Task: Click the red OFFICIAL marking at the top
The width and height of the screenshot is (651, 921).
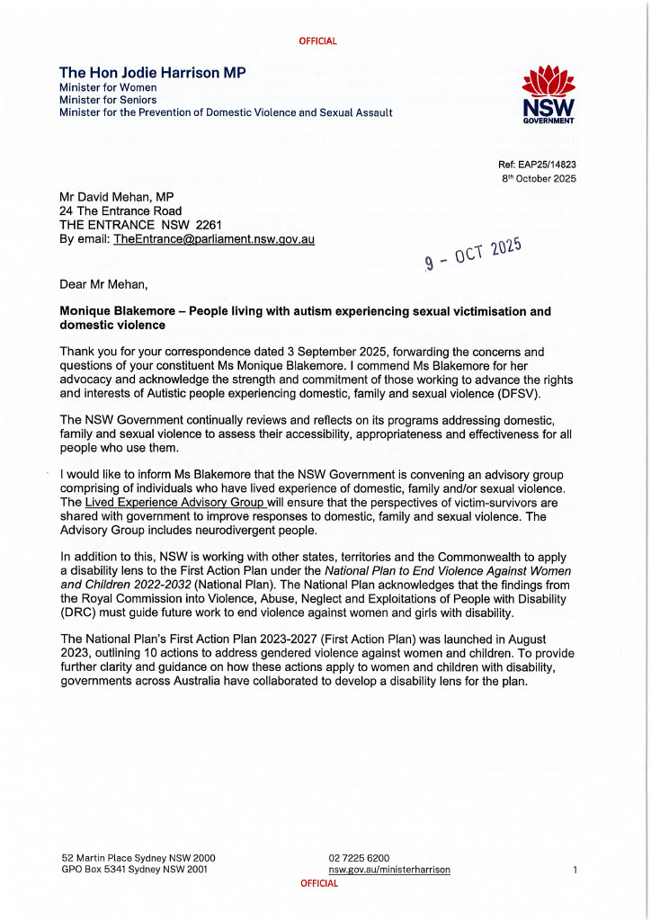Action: pos(319,41)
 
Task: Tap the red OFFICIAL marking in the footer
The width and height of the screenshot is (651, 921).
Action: pos(319,883)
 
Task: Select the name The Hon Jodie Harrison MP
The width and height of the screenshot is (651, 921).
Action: pos(152,72)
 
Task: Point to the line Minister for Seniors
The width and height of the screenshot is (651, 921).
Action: pos(108,100)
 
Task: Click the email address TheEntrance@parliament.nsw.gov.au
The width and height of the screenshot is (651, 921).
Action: pos(214,239)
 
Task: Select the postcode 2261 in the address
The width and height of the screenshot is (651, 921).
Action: pos(207,225)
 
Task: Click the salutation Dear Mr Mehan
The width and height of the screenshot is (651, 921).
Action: pos(99,284)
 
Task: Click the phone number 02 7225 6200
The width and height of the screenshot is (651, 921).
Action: pos(359,858)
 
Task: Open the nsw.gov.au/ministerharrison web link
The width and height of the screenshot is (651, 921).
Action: pos(389,870)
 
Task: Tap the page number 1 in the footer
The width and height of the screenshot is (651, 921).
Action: pos(575,870)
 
